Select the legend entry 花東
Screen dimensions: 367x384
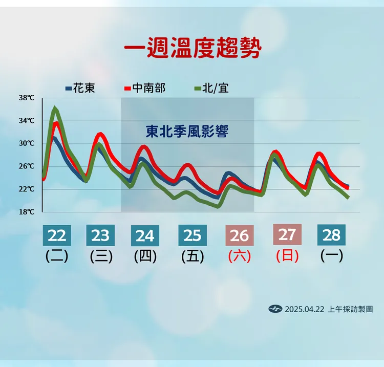click(x=80, y=88)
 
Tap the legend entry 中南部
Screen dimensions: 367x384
click(x=145, y=88)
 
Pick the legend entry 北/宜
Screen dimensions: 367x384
click(x=211, y=88)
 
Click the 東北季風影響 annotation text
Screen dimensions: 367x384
click(x=187, y=132)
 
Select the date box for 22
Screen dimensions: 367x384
click(x=57, y=235)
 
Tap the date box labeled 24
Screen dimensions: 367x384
click(x=145, y=236)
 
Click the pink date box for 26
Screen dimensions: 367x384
click(x=239, y=236)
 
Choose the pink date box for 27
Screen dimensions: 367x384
click(x=287, y=234)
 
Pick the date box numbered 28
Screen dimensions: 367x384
click(x=332, y=235)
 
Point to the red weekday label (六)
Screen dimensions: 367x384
click(x=240, y=256)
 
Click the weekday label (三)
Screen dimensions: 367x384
click(x=101, y=256)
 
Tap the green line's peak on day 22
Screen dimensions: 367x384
click(x=55, y=108)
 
